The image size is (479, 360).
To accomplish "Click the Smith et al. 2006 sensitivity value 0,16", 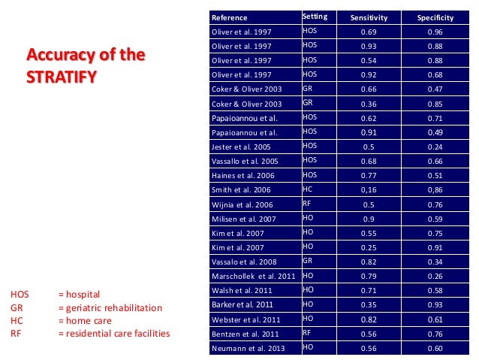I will (x=368, y=189).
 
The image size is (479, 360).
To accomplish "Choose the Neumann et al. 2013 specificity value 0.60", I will (x=435, y=348).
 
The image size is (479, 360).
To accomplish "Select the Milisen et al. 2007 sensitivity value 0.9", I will (x=368, y=218).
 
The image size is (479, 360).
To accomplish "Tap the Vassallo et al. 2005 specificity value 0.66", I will (x=435, y=160).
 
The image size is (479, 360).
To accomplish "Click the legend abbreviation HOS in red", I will (x=19, y=294).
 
